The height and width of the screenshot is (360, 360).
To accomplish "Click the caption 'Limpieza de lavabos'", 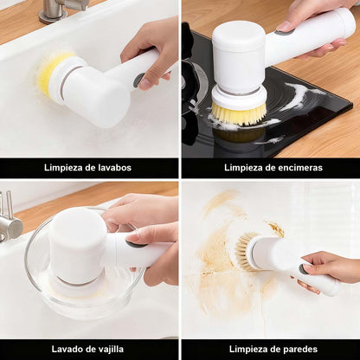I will click(89, 167).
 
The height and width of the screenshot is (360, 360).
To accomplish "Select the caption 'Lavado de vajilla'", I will click(89, 348).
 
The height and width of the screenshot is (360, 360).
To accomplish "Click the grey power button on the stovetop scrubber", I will click(284, 32).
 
